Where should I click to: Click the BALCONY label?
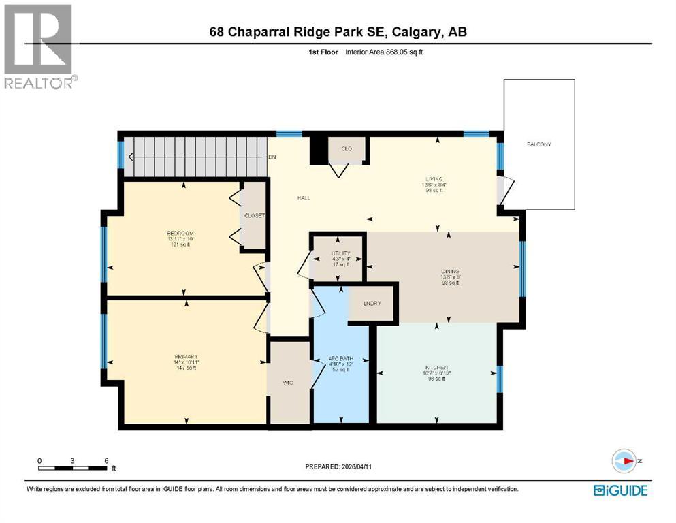coord(538,145)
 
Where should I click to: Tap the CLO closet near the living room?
coord(346,149)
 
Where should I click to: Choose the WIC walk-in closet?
coord(288,383)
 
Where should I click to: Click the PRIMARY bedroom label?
coord(185,357)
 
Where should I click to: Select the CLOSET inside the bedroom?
coord(255,216)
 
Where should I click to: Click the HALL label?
coord(303,198)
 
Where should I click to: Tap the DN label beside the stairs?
coord(272,157)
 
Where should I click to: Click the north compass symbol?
coord(624,461)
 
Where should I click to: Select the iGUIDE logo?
coord(620,490)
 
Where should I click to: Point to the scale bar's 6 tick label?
coord(106,460)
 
